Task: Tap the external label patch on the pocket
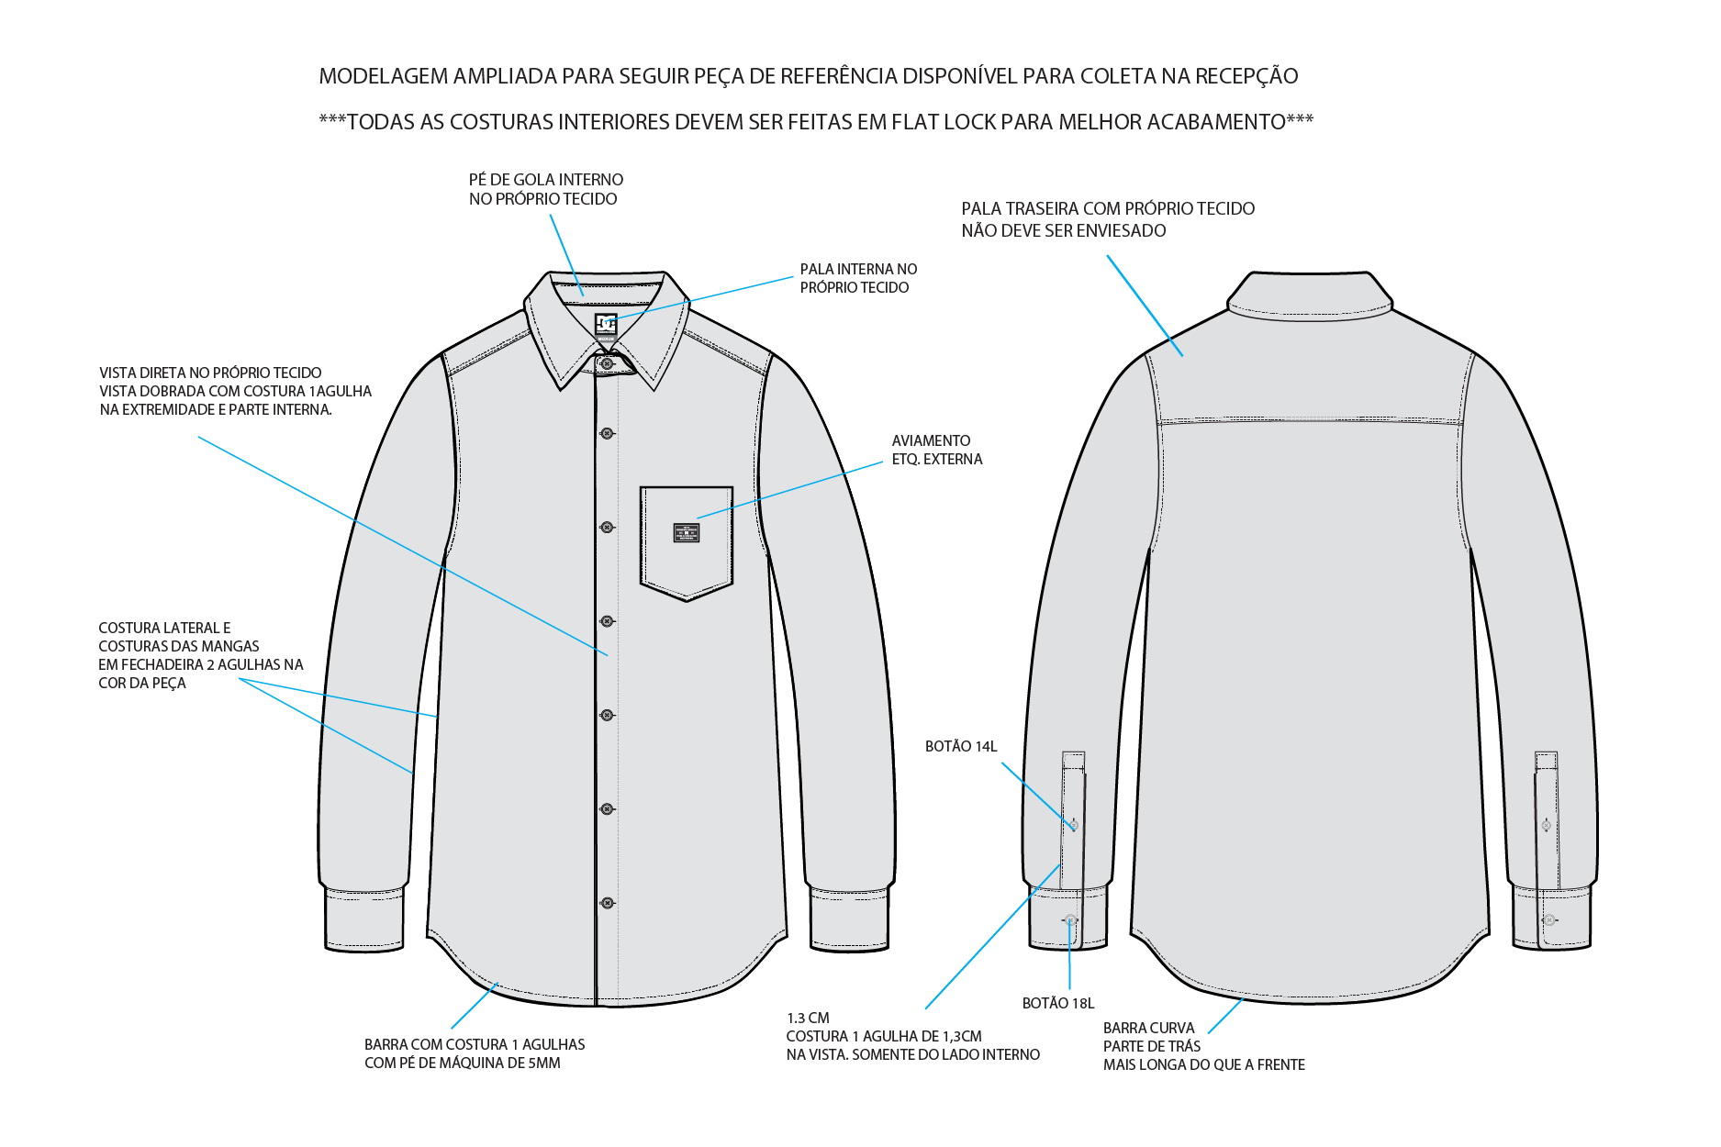pyautogui.click(x=687, y=532)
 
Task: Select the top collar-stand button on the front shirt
pyautogui.click(x=606, y=363)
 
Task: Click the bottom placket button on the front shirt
pyautogui.click(x=607, y=903)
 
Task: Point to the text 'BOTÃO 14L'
pyautogui.click(x=961, y=747)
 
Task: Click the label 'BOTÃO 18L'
pyautogui.click(x=1058, y=1004)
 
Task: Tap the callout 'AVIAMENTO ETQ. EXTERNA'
pyautogui.click(x=937, y=450)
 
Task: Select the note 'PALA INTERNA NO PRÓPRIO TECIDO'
pyautogui.click(x=858, y=278)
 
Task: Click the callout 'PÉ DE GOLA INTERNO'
pyautogui.click(x=546, y=180)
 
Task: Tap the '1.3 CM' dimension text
pyautogui.click(x=808, y=1019)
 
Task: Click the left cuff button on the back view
pyautogui.click(x=1071, y=919)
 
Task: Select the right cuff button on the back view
pyautogui.click(x=1549, y=919)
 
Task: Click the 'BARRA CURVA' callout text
pyautogui.click(x=1149, y=1029)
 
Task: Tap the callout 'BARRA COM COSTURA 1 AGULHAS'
pyautogui.click(x=475, y=1045)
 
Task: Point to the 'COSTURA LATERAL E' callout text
pyautogui.click(x=164, y=629)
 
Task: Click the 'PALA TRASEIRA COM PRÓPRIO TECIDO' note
pyautogui.click(x=1108, y=209)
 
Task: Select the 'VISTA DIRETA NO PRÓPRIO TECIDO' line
pyautogui.click(x=210, y=373)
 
